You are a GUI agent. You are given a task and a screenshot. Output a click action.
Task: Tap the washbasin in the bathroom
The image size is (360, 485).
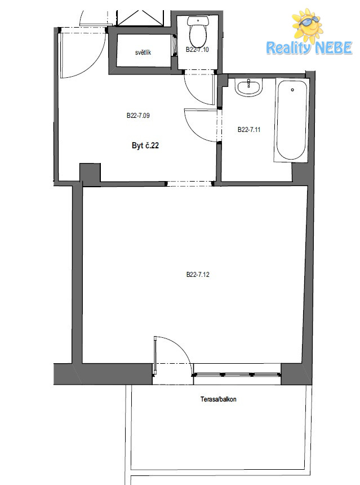[x=248, y=87]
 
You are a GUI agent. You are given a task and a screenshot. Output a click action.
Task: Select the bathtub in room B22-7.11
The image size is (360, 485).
[x=291, y=120]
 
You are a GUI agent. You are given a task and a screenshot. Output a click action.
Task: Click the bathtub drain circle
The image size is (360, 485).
[x=292, y=90]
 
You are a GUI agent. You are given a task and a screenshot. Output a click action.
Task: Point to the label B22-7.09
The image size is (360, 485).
[x=138, y=116]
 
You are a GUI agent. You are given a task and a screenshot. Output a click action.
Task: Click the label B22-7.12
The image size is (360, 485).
[x=198, y=274]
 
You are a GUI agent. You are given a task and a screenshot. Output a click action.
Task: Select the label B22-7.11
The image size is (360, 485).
[x=249, y=130]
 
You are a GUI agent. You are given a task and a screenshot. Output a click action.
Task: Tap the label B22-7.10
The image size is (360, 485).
[x=197, y=50]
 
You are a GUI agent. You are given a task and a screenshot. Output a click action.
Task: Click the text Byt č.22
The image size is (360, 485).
[x=145, y=145]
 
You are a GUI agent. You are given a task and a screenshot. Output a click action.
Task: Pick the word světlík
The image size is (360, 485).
[x=143, y=52]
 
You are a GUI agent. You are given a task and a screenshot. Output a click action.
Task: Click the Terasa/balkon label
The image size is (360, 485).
[x=219, y=399]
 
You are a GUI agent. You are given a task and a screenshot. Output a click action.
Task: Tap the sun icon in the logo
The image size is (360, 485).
[x=308, y=24]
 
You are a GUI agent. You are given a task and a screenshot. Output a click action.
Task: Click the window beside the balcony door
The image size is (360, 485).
[x=237, y=375]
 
